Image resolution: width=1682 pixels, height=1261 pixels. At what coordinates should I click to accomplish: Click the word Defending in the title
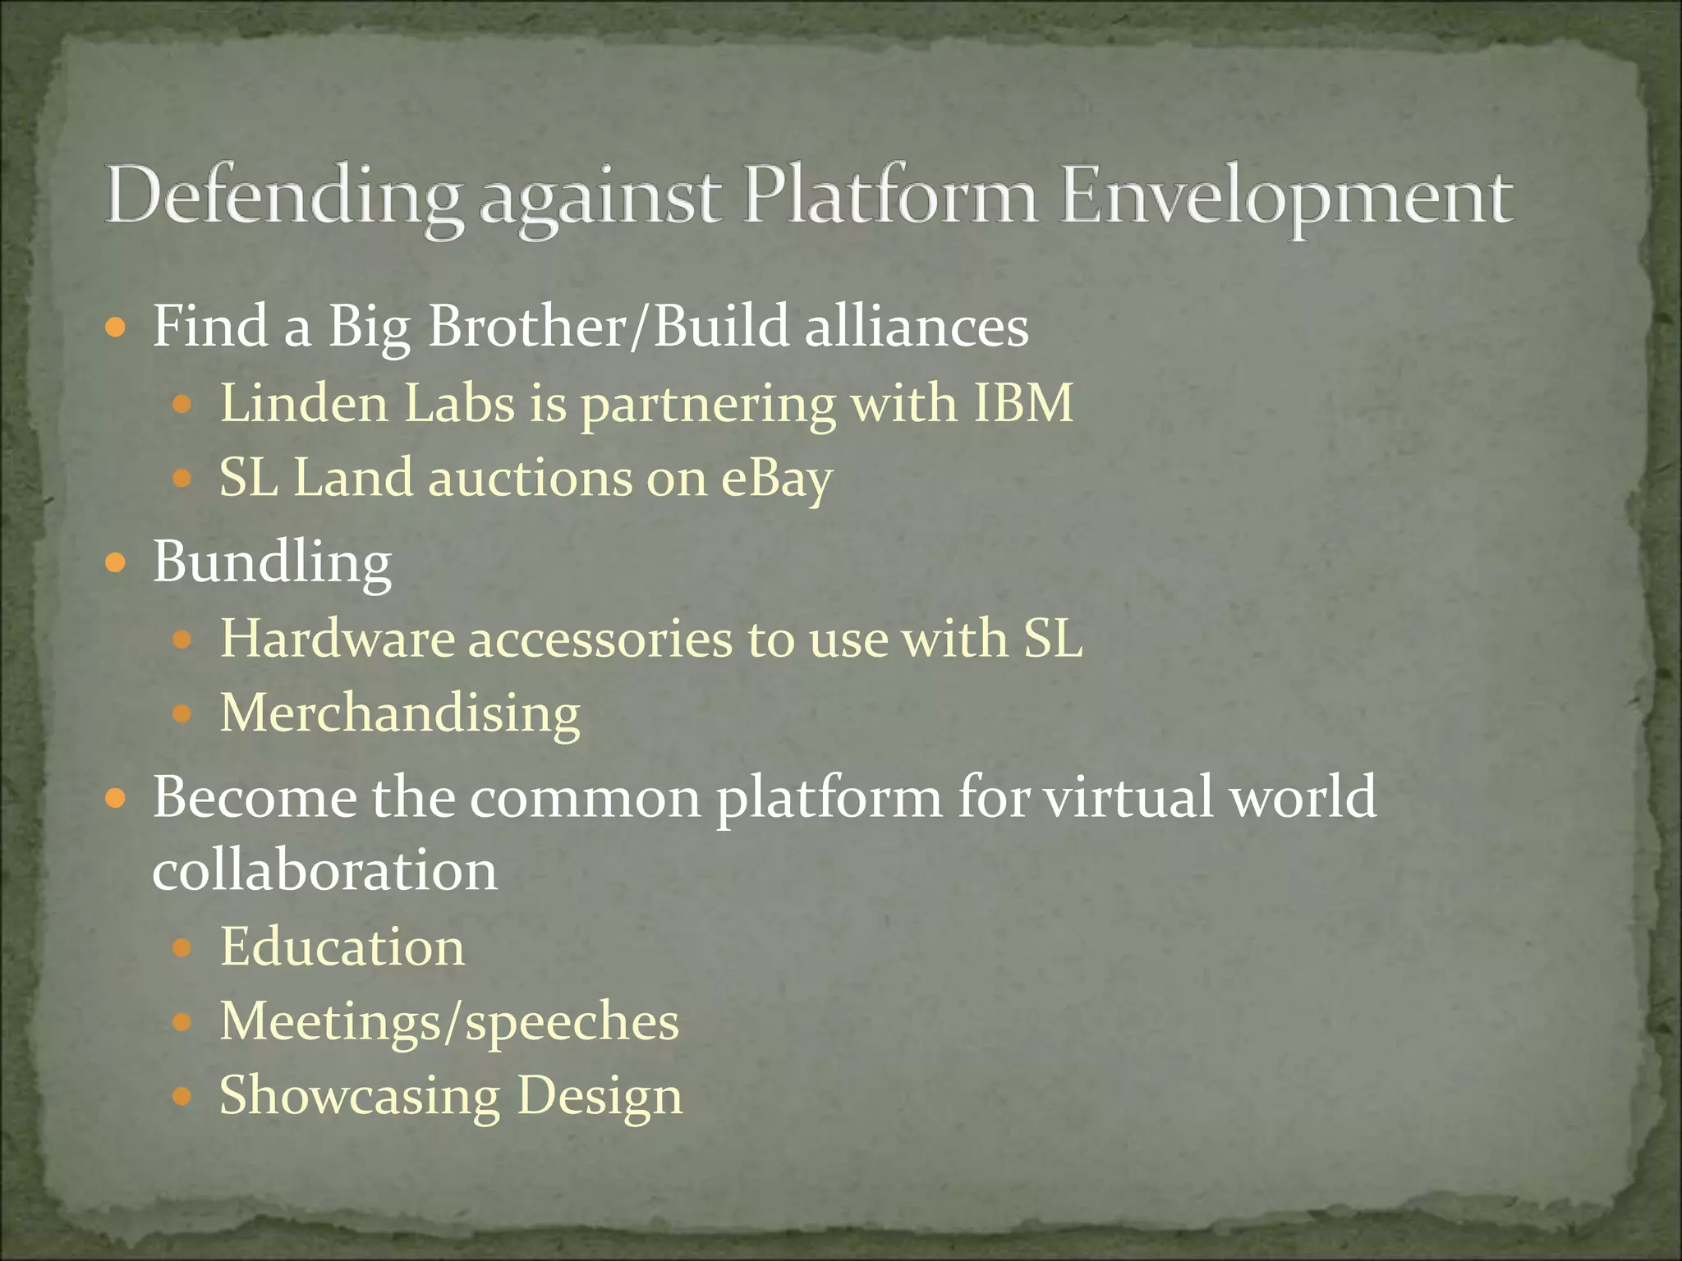click(x=283, y=197)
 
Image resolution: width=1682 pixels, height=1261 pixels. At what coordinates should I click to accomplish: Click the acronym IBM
click(x=1023, y=403)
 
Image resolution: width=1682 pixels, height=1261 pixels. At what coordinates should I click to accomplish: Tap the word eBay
click(x=777, y=479)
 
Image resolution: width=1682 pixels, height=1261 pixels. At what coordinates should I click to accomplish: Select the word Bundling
click(x=272, y=563)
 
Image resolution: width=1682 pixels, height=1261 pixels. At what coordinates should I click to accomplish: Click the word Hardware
click(x=338, y=638)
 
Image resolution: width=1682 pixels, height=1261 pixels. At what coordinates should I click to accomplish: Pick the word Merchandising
click(x=400, y=713)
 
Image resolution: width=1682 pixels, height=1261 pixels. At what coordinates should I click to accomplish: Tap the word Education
click(x=342, y=947)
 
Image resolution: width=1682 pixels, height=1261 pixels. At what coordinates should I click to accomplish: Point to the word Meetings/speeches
click(x=449, y=1022)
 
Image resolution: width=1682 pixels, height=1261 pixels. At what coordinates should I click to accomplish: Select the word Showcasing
click(x=360, y=1096)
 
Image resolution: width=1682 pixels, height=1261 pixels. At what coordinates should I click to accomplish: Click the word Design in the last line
click(x=600, y=1096)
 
